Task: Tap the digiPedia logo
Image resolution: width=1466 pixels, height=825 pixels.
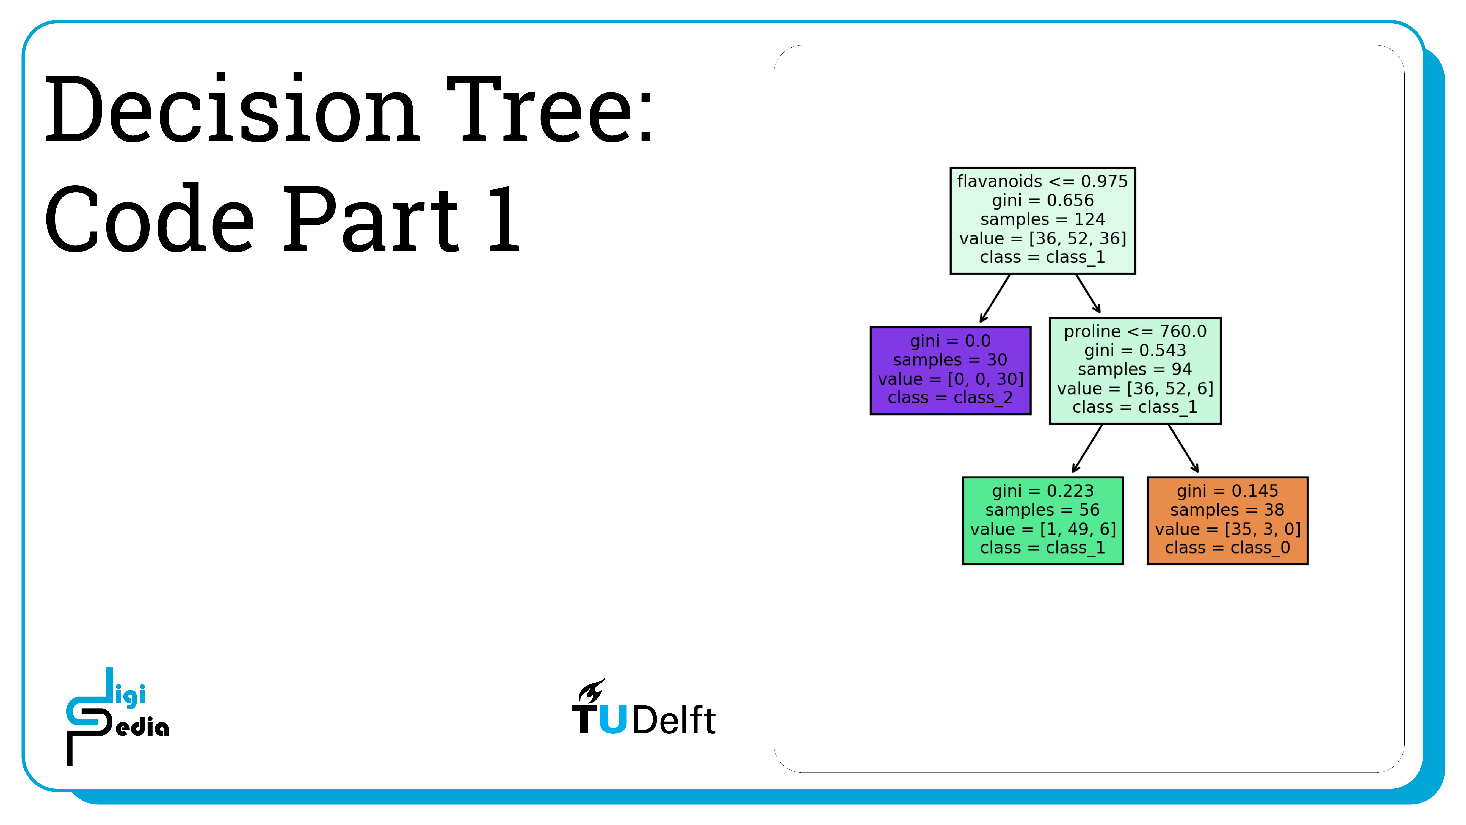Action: tap(117, 716)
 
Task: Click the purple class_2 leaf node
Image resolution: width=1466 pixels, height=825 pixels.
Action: tap(950, 371)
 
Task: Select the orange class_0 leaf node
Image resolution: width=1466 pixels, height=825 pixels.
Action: tap(1228, 520)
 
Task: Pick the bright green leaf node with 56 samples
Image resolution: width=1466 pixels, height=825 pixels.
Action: tap(1043, 520)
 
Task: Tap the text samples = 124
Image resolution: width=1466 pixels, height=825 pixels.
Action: tap(1043, 219)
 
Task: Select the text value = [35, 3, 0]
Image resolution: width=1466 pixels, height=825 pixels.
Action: tap(1228, 529)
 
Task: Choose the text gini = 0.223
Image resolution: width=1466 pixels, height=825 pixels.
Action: tap(1043, 491)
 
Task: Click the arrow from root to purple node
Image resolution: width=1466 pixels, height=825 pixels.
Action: tap(995, 298)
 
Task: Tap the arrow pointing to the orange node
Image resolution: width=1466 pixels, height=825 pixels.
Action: tap(1183, 448)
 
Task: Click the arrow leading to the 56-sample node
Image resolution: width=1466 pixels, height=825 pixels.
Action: tap(1087, 448)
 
